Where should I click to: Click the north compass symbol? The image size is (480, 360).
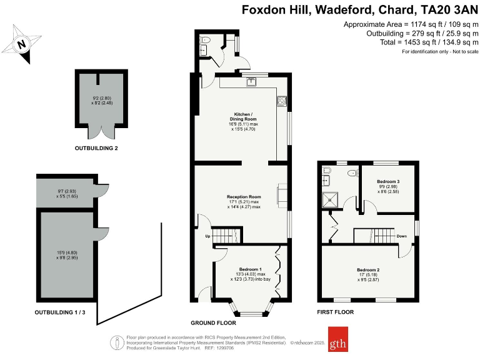point(22,44)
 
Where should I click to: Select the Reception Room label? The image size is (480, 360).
point(243,197)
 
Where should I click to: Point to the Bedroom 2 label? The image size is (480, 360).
point(369,270)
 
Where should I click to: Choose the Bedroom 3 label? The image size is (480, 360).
point(388,182)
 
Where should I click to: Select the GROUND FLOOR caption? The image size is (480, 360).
point(213,323)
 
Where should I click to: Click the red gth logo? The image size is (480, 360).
point(339,339)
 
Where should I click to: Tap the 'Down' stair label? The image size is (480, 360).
point(402,236)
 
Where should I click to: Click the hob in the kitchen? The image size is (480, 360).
point(282,101)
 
